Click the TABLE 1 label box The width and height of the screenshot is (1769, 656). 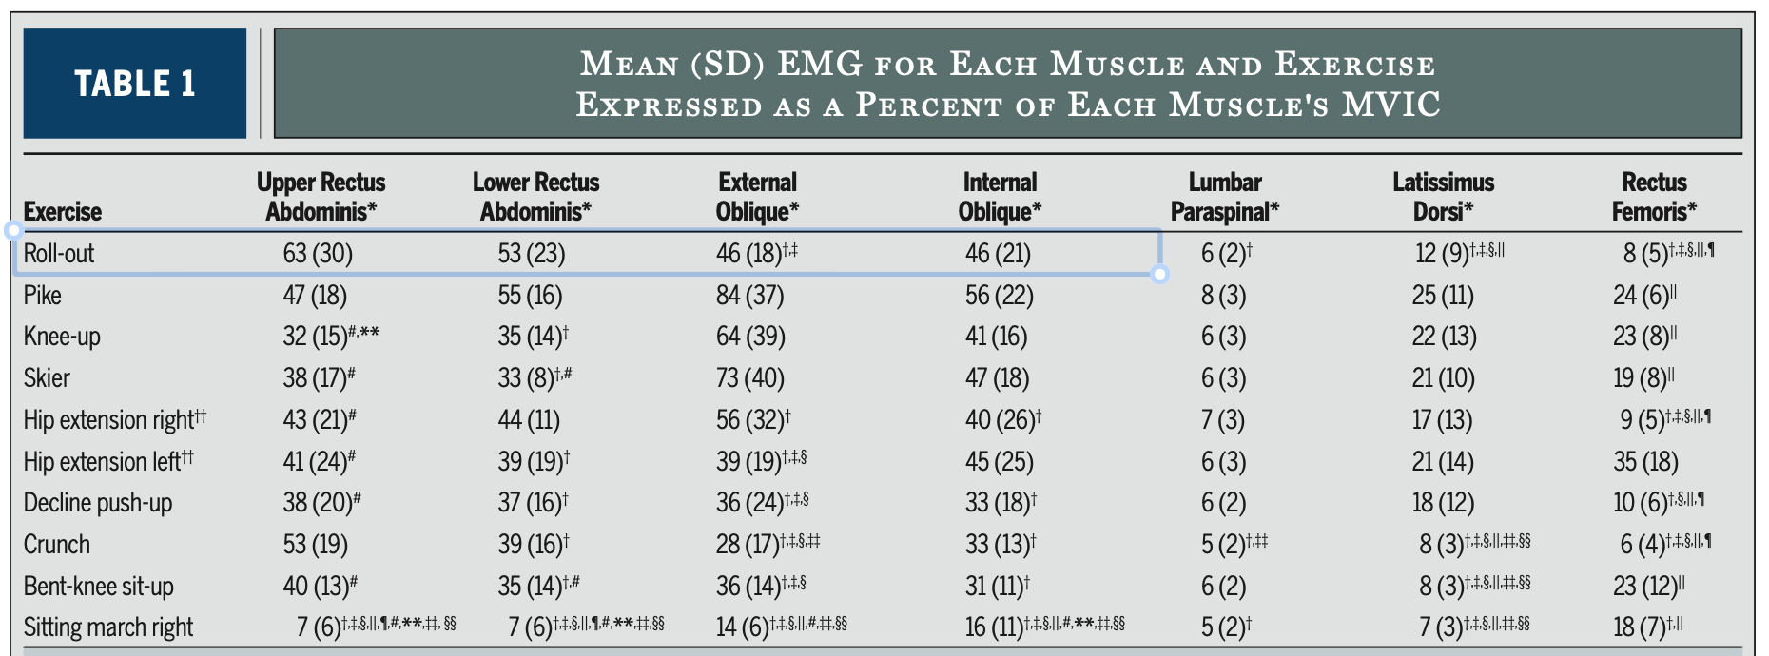pyautogui.click(x=135, y=83)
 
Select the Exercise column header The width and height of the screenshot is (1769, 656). pyautogui.click(x=63, y=211)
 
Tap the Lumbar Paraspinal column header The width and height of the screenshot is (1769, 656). pyautogui.click(x=1225, y=197)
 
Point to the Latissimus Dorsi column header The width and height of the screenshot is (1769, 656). pyautogui.click(x=1444, y=197)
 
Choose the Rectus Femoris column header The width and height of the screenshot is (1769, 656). pyautogui.click(x=1654, y=197)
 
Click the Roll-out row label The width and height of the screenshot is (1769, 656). pyautogui.click(x=59, y=254)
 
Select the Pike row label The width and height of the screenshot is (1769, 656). pyautogui.click(x=43, y=296)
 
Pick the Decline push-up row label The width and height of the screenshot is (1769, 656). pyautogui.click(x=98, y=503)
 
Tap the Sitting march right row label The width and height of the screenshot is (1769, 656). pyautogui.click(x=108, y=627)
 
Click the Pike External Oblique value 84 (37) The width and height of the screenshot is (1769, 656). pyautogui.click(x=750, y=296)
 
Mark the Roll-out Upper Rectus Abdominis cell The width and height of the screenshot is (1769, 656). pyautogui.click(x=318, y=254)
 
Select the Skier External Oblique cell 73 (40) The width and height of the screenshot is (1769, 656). pyautogui.click(x=750, y=378)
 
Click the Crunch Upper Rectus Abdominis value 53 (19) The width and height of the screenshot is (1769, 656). pyautogui.click(x=315, y=545)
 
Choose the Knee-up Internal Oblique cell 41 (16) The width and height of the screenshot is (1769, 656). pyautogui.click(x=998, y=337)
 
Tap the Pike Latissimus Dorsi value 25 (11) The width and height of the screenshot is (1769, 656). pyautogui.click(x=1443, y=296)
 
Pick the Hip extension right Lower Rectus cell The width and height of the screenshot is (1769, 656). pyautogui.click(x=529, y=420)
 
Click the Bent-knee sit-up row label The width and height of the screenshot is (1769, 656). pyautogui.click(x=99, y=587)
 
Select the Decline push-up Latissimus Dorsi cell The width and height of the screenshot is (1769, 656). pyautogui.click(x=1443, y=503)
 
